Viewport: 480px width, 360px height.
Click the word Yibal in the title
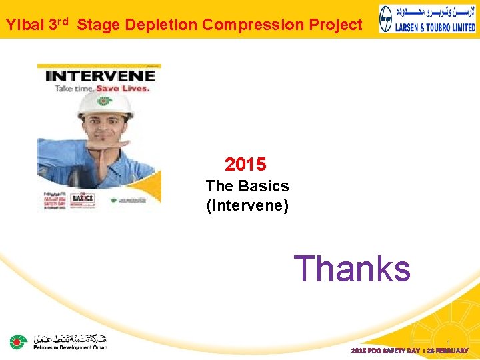(25, 25)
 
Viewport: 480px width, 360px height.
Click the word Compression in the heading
(247, 25)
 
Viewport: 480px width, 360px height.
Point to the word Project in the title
(331, 25)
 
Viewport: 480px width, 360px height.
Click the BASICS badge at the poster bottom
(83, 198)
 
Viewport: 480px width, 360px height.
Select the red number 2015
(245, 164)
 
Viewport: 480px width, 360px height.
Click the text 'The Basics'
(247, 186)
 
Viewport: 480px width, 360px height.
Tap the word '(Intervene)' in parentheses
(247, 205)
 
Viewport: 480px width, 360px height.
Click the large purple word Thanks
(352, 268)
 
